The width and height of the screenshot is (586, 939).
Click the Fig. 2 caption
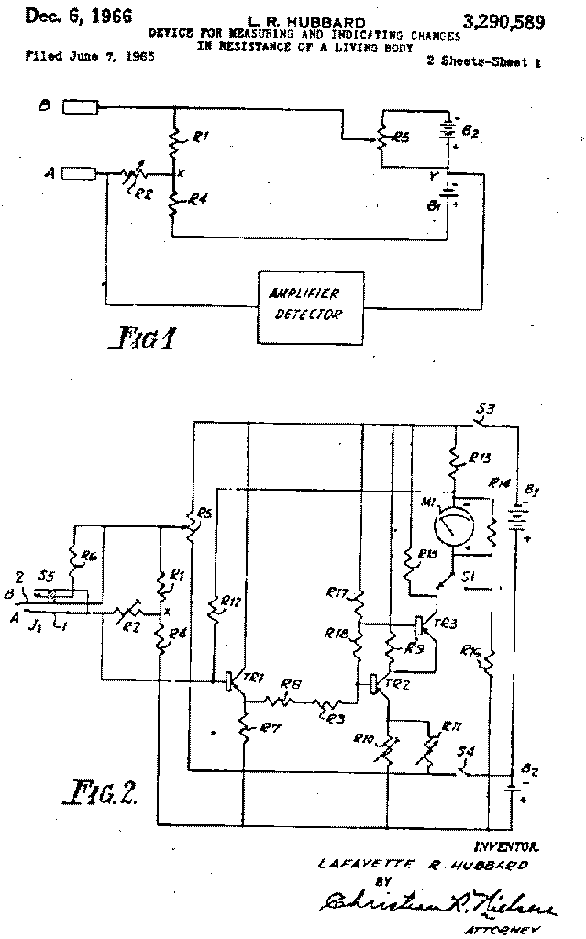[x=103, y=790]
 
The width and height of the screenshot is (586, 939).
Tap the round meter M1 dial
[x=450, y=529]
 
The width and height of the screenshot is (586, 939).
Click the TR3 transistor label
[x=447, y=621]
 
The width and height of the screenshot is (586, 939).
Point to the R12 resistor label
[x=232, y=602]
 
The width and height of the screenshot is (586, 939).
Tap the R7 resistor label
[x=270, y=728]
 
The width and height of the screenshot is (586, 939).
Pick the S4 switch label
[x=467, y=754]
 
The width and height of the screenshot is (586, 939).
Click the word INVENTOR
[x=505, y=846]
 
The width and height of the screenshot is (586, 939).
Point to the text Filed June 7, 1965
[x=90, y=57]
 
